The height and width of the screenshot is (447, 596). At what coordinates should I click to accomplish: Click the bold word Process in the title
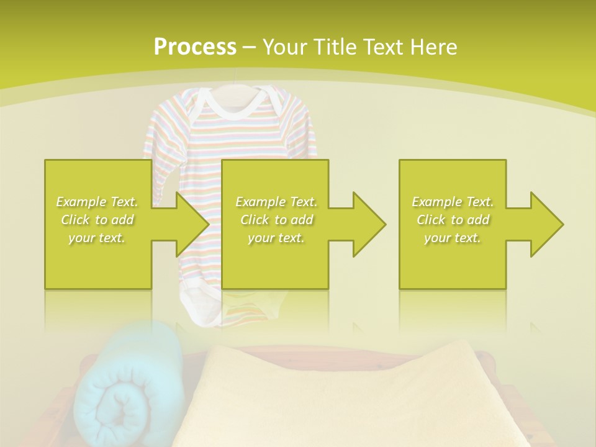195,47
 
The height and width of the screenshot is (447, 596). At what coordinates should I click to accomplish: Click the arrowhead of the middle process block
369,224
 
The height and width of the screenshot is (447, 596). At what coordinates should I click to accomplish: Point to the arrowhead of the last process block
547,224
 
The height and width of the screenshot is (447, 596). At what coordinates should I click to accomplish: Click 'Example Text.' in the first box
97,202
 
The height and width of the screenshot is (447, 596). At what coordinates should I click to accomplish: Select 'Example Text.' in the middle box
276,202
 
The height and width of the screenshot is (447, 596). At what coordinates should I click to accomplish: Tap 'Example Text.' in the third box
453,202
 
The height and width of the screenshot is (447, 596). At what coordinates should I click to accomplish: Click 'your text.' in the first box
97,238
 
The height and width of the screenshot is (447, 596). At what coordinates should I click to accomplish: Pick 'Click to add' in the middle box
276,220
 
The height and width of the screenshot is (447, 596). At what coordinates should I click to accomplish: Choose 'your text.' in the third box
453,238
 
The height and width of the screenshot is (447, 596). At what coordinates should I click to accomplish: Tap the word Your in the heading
286,47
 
